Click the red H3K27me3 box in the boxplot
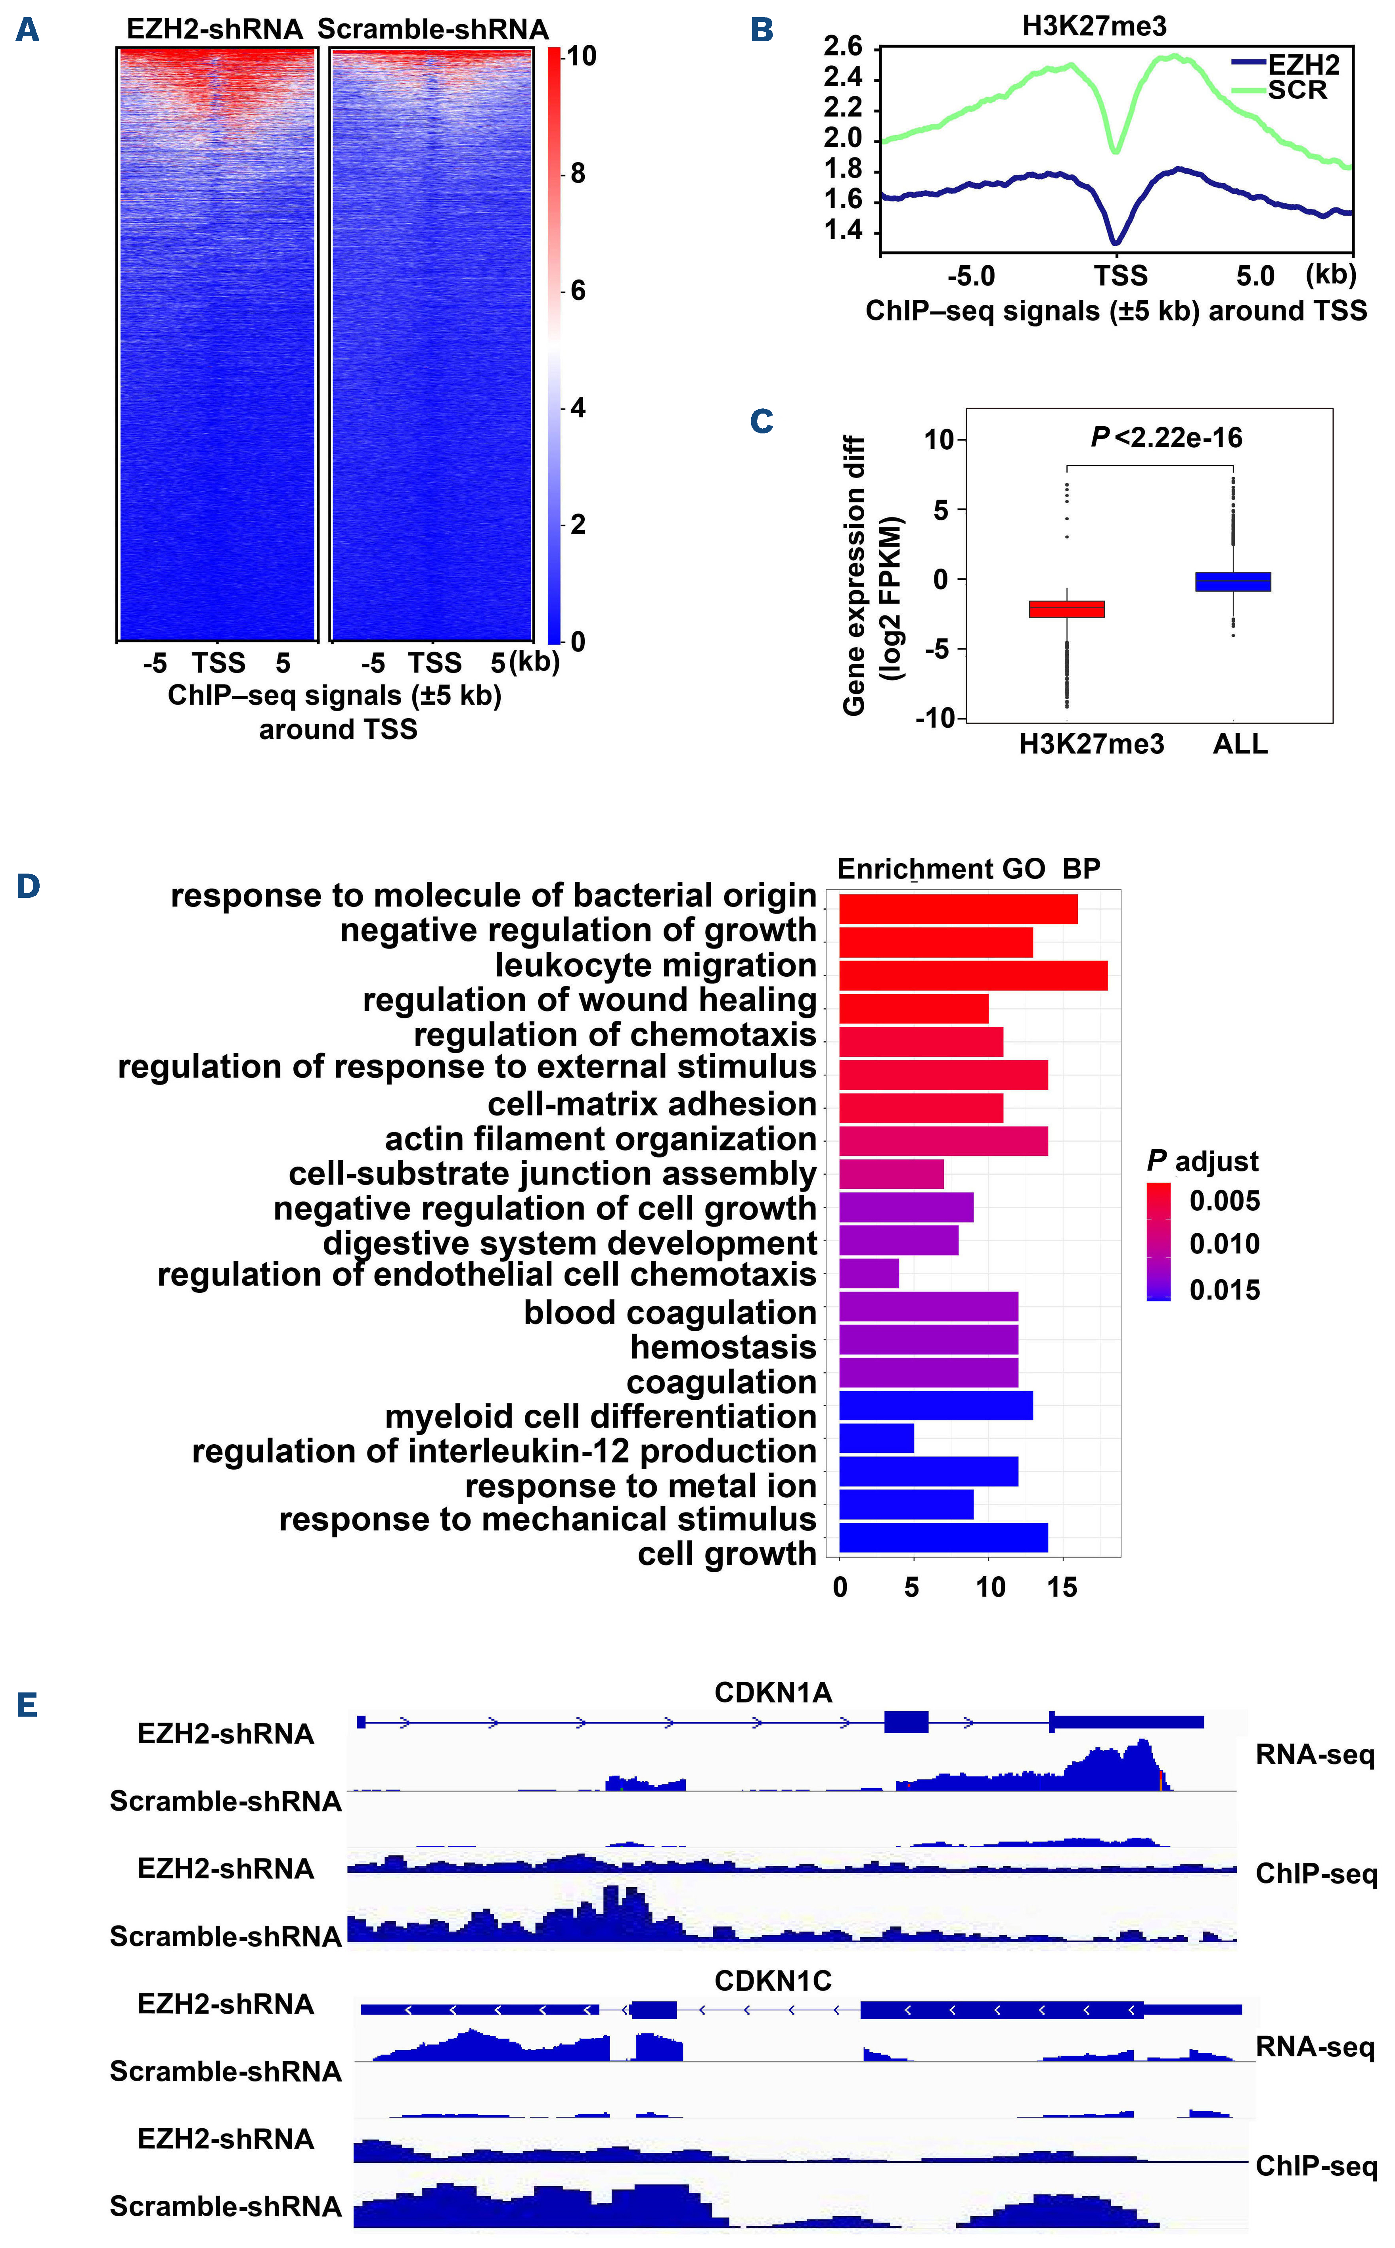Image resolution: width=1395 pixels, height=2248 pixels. [x=1066, y=609]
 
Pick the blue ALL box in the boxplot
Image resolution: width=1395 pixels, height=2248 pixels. [x=1232, y=581]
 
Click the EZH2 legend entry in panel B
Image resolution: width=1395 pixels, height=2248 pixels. [x=1303, y=65]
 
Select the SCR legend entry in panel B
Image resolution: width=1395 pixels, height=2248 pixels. [x=1296, y=90]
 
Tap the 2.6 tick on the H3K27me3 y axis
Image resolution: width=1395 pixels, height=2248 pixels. [x=842, y=46]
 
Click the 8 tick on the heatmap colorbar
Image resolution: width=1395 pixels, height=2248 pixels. [x=578, y=174]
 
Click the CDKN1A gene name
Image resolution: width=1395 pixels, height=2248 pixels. [x=773, y=1692]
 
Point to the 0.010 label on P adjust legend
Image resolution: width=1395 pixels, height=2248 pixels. [x=1224, y=1244]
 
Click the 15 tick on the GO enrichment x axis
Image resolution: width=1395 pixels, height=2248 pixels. [x=1062, y=1587]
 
